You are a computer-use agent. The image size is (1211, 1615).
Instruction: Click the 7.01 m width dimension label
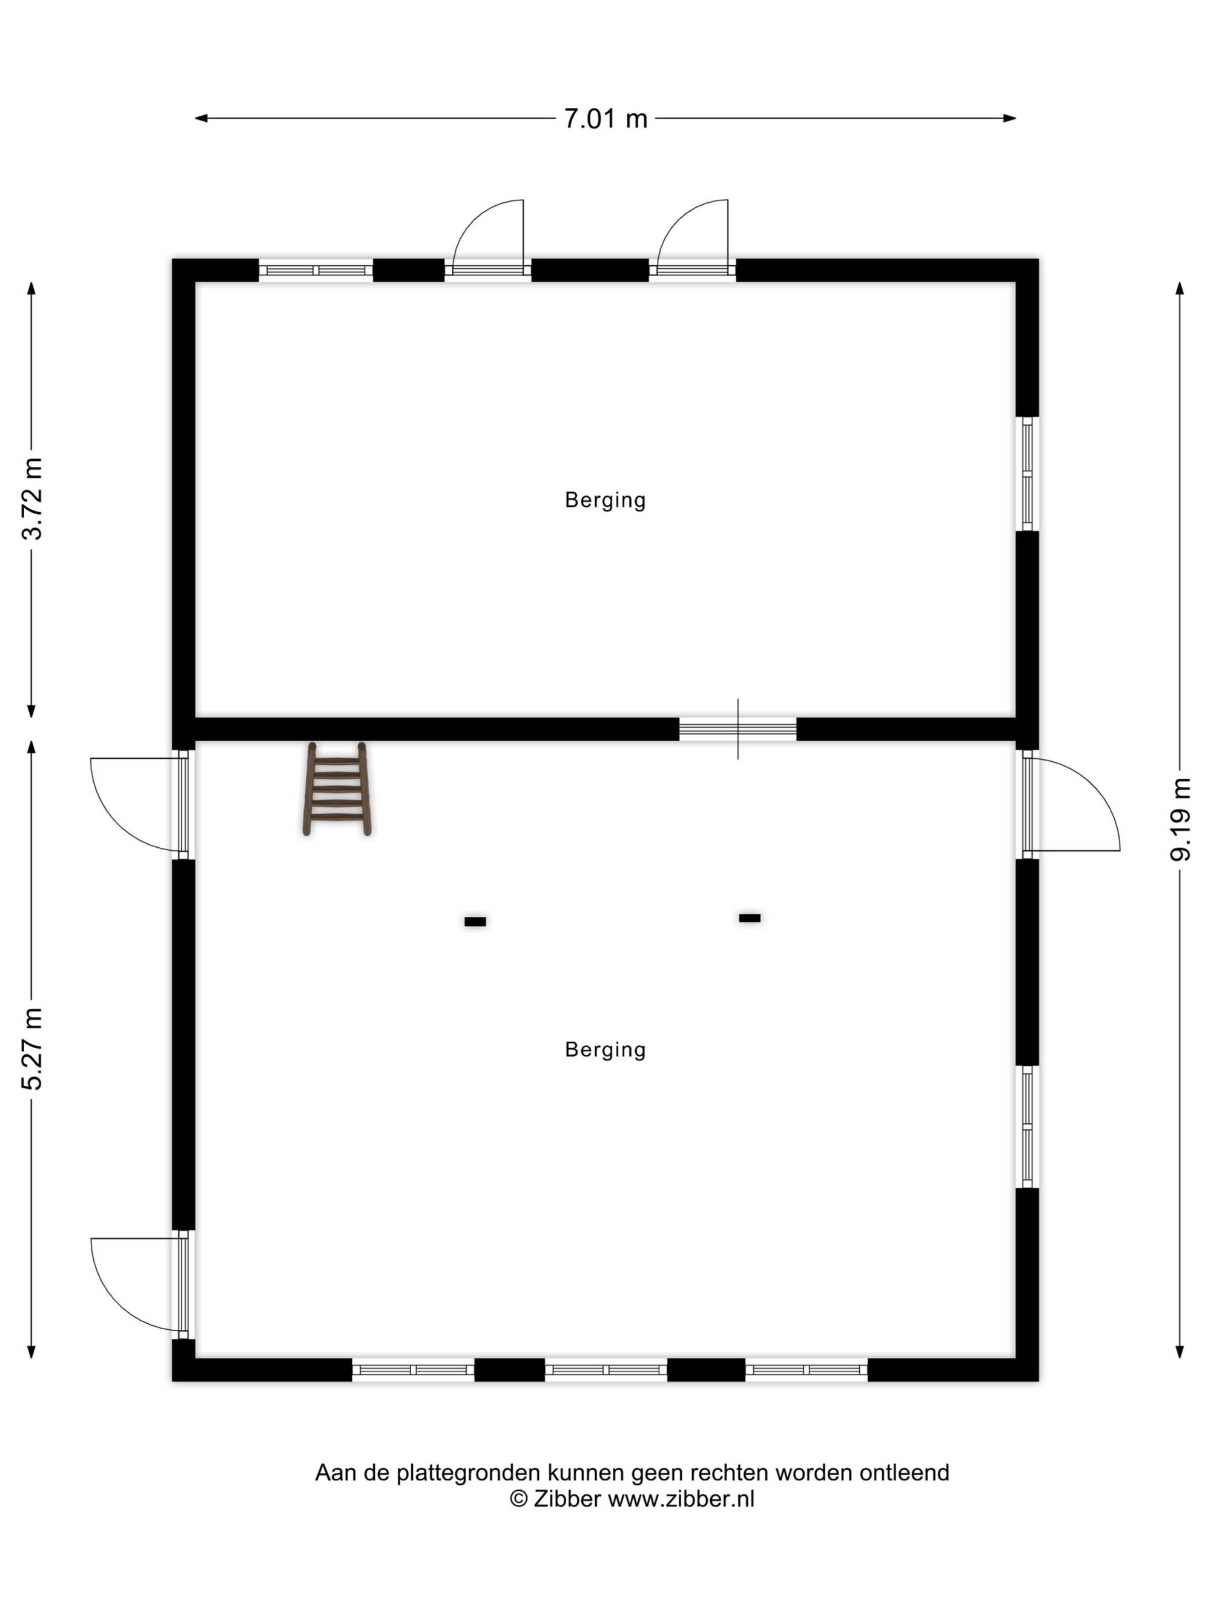click(x=605, y=118)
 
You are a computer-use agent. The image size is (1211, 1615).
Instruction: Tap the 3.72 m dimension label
click(x=32, y=498)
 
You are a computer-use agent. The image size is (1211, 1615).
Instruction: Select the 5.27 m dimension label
click(x=32, y=1048)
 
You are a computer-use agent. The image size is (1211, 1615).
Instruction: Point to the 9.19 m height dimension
click(x=1180, y=820)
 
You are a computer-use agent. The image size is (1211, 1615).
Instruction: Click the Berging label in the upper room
click(x=605, y=501)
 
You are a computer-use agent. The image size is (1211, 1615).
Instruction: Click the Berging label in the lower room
click(x=605, y=1050)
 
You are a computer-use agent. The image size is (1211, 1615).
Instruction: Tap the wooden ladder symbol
click(x=337, y=788)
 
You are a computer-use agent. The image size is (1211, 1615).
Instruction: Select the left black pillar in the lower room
click(x=475, y=922)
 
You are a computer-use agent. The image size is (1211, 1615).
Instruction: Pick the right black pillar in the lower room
click(x=749, y=918)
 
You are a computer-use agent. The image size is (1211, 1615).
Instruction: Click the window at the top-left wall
click(x=316, y=270)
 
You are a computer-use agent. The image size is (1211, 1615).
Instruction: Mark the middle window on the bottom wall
click(x=606, y=1370)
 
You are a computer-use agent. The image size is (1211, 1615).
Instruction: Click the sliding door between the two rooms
click(x=737, y=728)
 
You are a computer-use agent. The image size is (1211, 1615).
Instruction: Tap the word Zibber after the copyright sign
click(x=567, y=1499)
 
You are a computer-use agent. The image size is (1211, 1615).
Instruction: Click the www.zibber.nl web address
click(x=681, y=1499)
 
